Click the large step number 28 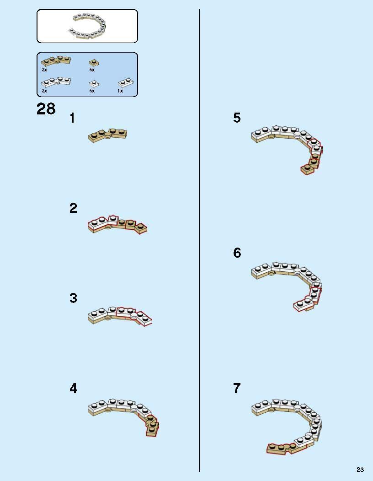(x=46, y=109)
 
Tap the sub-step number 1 (x=72, y=118)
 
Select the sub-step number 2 (x=73, y=208)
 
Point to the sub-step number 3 (x=73, y=298)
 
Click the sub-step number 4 (x=73, y=389)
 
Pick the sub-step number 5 (x=237, y=118)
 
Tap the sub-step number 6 (x=237, y=253)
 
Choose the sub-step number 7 (x=237, y=389)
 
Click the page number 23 (x=360, y=470)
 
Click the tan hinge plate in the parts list (x=56, y=61)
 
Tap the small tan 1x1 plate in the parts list (x=94, y=62)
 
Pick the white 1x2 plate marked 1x (x=126, y=83)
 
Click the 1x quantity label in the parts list (x=120, y=91)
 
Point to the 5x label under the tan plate (x=92, y=70)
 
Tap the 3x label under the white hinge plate (x=44, y=91)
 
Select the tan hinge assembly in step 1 (x=107, y=135)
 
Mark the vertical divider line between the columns (x=199, y=241)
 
